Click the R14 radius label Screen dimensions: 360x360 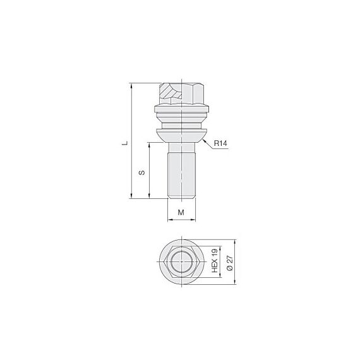(x=220, y=143)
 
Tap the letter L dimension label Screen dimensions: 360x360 (x=124, y=143)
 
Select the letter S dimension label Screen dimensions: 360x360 (x=142, y=172)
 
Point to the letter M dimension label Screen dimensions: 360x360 (x=181, y=212)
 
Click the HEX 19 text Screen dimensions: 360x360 (x=215, y=261)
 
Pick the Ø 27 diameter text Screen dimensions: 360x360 (x=230, y=263)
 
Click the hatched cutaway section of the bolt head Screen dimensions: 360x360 (x=171, y=92)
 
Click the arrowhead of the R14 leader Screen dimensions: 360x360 (x=204, y=140)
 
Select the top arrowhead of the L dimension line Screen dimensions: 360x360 (x=131, y=85)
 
